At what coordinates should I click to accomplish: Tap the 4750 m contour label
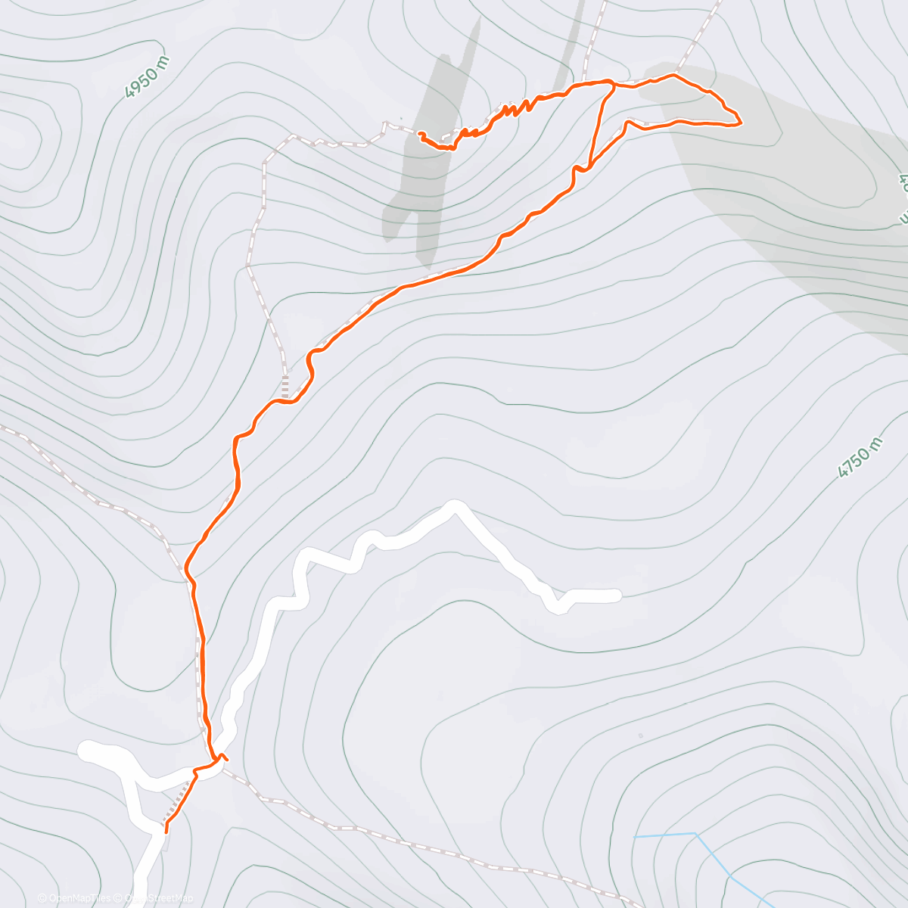pos(860,458)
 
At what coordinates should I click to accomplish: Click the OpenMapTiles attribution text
pos(74,898)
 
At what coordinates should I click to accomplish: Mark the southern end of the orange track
pos(166,831)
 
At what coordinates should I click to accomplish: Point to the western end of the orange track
pos(419,134)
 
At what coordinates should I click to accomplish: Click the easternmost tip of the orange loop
pos(740,121)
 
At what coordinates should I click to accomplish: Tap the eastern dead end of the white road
pos(617,595)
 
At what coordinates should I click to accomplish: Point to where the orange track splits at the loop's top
pos(612,85)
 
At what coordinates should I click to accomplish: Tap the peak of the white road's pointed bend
pos(455,505)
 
